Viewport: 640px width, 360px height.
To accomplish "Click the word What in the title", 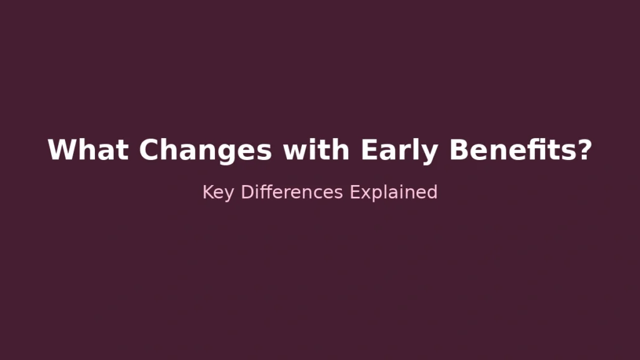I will pos(88,150).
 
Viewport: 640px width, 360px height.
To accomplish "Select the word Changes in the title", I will pos(205,150).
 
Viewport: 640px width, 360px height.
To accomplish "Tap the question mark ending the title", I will pos(584,150).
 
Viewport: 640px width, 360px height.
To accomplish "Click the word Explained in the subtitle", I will pos(393,192).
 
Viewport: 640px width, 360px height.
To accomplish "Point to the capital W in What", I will pos(61,150).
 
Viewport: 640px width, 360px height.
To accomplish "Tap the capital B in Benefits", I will pos(459,150).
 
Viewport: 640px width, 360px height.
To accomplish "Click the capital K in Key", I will pos(207,192).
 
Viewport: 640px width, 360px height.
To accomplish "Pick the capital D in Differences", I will pos(247,192).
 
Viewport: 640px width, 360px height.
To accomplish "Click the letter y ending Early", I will pos(430,152).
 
